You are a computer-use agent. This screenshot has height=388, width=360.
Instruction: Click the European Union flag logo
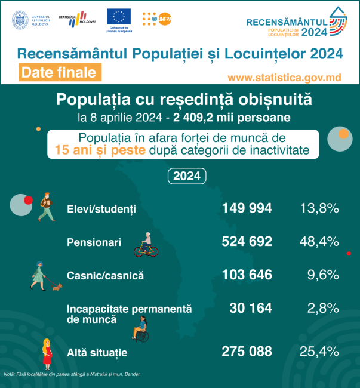[119, 18]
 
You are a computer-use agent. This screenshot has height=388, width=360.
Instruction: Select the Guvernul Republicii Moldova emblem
[20, 19]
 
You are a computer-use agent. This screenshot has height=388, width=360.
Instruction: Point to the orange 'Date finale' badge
[58, 73]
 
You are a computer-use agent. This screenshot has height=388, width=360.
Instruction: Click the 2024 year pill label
[186, 177]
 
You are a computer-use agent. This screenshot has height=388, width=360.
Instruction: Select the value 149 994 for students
[247, 208]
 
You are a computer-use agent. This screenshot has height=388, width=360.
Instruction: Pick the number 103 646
[247, 275]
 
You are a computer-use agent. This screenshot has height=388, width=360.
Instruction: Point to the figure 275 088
[247, 351]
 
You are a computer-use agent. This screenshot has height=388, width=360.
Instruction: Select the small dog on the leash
[57, 287]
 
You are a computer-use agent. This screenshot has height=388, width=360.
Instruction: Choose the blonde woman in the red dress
[46, 353]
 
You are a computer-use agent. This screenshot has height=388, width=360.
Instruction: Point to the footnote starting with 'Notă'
[76, 374]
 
